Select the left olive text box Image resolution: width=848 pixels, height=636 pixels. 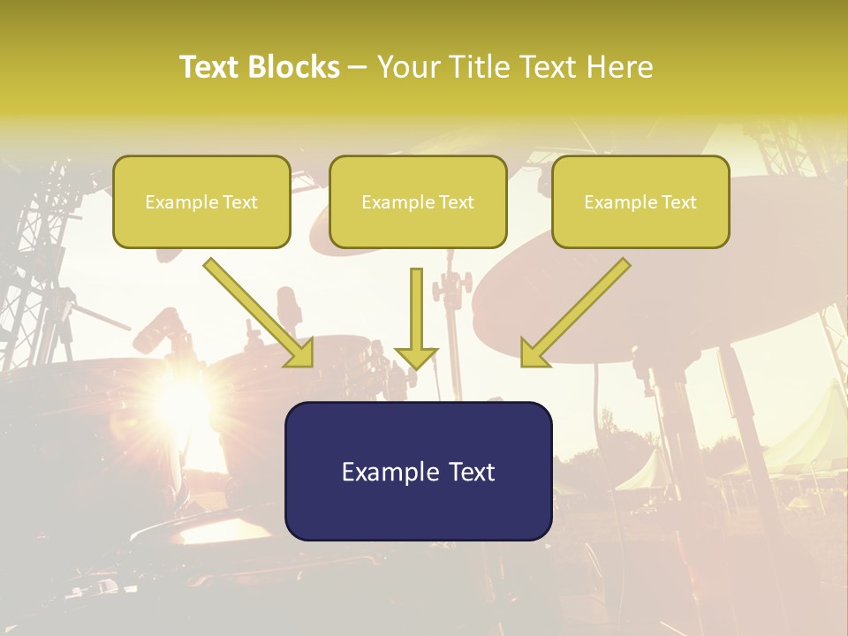pyautogui.click(x=201, y=201)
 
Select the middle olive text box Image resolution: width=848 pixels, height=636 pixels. pyautogui.click(x=418, y=201)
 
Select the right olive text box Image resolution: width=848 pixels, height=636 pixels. pyautogui.click(x=640, y=201)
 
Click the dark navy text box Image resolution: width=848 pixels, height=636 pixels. pyautogui.click(x=418, y=471)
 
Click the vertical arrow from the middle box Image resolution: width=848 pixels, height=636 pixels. pyautogui.click(x=417, y=314)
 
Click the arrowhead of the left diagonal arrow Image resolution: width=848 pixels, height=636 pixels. pyautogui.click(x=300, y=353)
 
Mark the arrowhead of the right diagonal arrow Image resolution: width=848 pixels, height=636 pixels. pyautogui.click(x=534, y=353)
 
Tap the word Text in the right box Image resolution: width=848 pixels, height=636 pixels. pyautogui.click(x=678, y=202)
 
